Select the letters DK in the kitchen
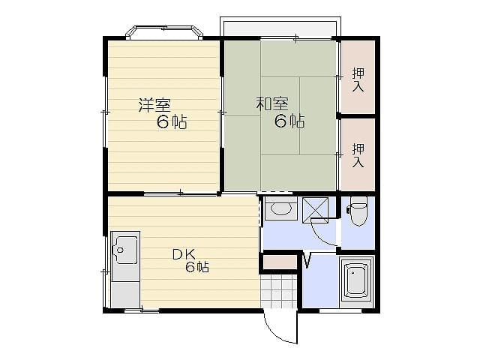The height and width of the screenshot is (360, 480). pos(182,253)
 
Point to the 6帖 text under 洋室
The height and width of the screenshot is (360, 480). pos(172,123)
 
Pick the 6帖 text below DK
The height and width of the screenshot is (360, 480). pos(198,268)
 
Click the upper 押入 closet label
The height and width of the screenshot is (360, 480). pos(358,80)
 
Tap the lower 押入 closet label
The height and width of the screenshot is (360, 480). pos(358,154)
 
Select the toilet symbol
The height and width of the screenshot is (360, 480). pos(358,212)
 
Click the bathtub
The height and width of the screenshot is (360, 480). pos(356,280)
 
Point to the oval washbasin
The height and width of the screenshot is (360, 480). pos(281,208)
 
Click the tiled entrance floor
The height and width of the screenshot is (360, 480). pos(279,291)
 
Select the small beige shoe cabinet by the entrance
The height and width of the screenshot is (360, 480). pos(279,262)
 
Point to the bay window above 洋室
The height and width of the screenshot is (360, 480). pos(164,32)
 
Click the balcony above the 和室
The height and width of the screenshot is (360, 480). pos(279,27)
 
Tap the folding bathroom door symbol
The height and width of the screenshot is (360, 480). pos(307,260)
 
